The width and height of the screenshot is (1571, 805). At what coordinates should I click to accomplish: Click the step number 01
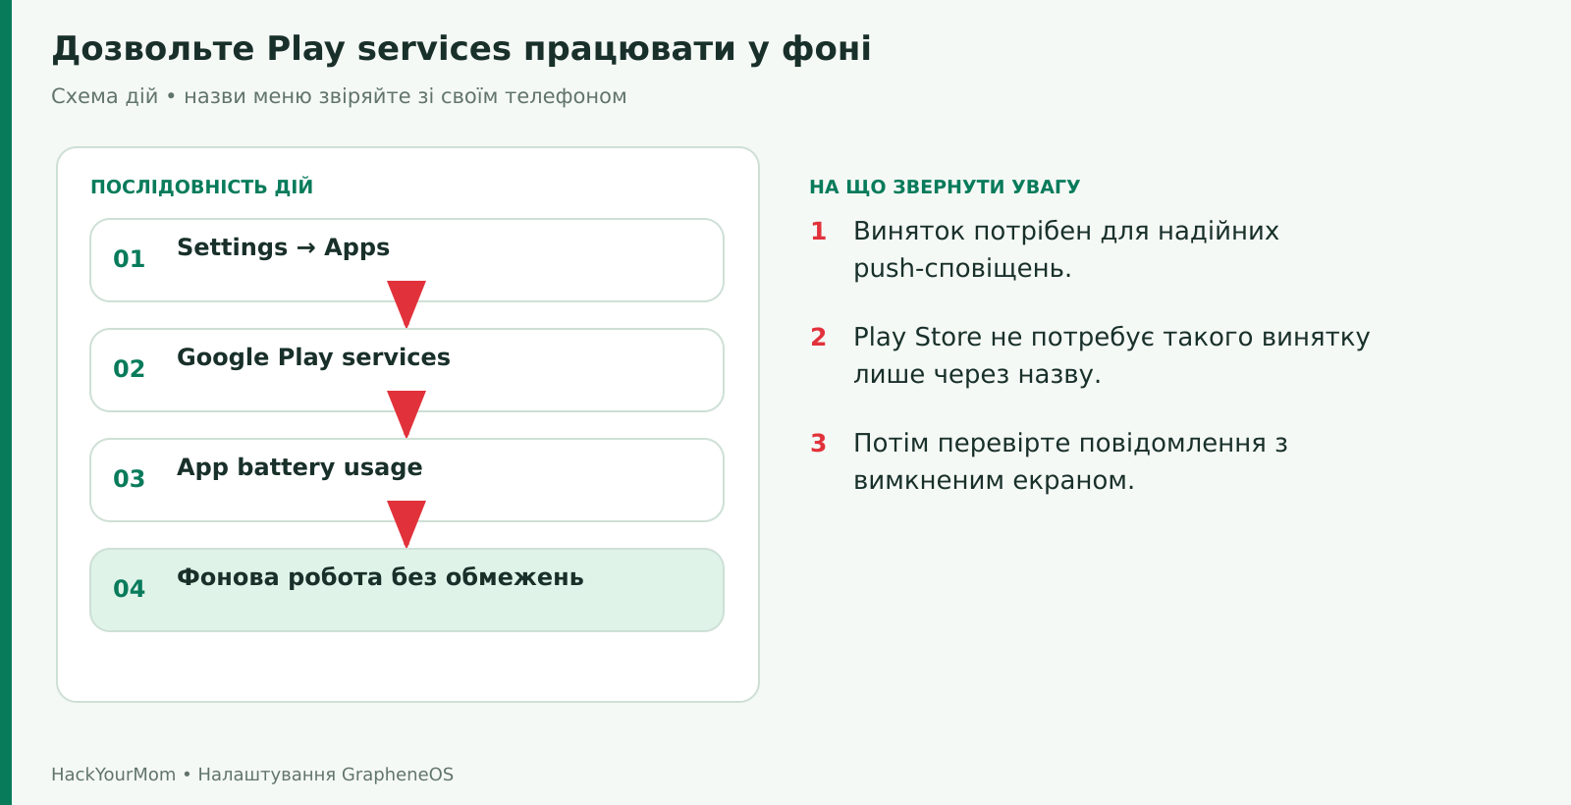129,259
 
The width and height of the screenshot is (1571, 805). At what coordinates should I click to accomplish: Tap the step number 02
129,369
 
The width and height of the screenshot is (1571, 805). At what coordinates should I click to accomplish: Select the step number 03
129,479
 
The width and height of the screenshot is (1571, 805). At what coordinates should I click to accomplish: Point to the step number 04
129,589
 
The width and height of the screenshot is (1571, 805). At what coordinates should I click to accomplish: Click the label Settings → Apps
283,248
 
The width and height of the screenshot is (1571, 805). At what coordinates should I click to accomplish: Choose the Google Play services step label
313,357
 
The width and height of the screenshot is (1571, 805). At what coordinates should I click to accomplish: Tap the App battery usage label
299,467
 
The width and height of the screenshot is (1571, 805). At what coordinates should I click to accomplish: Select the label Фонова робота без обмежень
380,577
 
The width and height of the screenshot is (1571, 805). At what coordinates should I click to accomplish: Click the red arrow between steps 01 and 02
406,303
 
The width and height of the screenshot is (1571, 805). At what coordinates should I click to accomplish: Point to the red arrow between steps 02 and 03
406,413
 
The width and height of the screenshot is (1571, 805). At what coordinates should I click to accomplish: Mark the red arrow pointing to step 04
406,524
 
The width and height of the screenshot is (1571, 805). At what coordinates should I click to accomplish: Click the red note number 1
819,232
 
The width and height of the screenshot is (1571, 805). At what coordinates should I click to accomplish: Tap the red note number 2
819,338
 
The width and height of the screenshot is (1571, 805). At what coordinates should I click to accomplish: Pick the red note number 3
819,443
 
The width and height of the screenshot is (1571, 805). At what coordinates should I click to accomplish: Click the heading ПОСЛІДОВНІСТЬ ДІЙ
202,188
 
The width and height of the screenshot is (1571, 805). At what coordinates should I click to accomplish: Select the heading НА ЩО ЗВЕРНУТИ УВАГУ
945,188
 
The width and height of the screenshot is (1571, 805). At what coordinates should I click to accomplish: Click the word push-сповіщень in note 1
962,269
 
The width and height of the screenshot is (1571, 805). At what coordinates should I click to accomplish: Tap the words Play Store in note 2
917,338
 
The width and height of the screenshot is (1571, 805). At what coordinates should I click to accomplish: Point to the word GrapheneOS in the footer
398,775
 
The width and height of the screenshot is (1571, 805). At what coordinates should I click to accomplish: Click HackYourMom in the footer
114,775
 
